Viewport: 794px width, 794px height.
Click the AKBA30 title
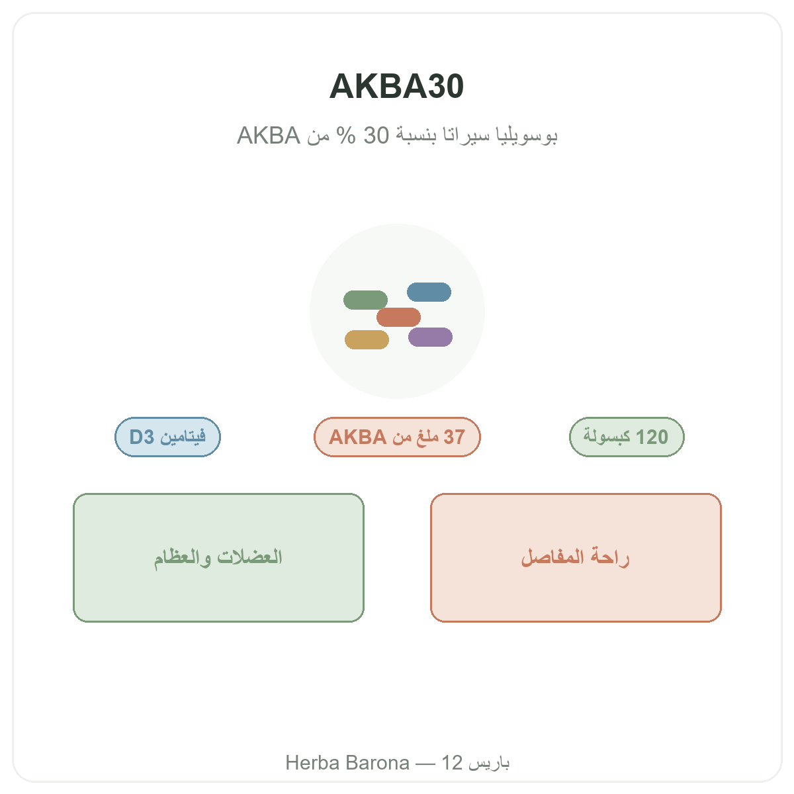[396, 86]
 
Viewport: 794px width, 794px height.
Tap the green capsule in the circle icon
[365, 300]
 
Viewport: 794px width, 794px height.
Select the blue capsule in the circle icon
[429, 292]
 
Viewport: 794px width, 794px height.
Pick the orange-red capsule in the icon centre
[398, 317]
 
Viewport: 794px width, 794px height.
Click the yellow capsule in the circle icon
[367, 339]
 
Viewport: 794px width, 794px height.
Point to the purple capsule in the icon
[430, 337]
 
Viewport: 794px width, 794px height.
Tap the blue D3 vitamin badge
[167, 437]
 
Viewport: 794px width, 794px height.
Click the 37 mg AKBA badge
[397, 437]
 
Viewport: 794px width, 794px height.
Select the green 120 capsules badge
[627, 437]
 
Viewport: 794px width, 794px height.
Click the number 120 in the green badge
[652, 437]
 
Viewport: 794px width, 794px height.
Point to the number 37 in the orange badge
[454, 437]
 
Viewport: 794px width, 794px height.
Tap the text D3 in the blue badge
[142, 437]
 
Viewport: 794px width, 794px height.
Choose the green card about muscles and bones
[218, 558]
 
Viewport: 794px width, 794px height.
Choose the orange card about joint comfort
[576, 558]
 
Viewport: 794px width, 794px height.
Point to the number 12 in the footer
[452, 763]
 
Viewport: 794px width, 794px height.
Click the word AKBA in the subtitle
[268, 135]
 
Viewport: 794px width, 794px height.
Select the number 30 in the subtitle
[376, 135]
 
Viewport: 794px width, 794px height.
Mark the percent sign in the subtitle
[345, 135]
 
